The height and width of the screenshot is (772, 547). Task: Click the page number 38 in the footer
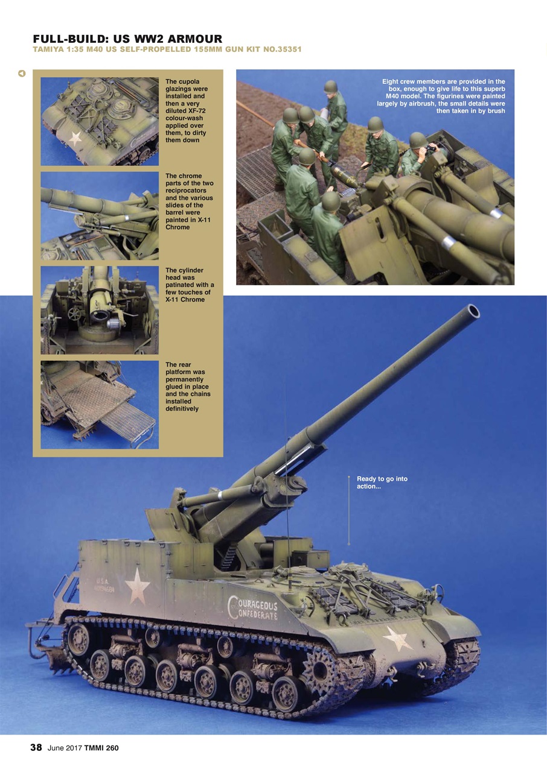click(36, 748)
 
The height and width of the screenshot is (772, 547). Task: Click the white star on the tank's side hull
click(137, 586)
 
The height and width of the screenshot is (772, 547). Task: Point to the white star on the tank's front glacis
click(397, 638)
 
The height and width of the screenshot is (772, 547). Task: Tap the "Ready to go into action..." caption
click(382, 482)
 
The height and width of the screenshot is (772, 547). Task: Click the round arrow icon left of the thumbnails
click(22, 74)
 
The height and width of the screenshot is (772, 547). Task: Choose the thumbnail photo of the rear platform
click(100, 405)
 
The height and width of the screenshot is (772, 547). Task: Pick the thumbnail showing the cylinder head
click(100, 310)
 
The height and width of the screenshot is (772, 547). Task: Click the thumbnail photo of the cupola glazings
click(100, 121)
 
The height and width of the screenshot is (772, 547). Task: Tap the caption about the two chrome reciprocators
click(189, 201)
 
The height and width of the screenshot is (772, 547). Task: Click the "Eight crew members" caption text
click(443, 96)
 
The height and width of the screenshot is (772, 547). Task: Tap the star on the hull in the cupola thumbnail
click(75, 138)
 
